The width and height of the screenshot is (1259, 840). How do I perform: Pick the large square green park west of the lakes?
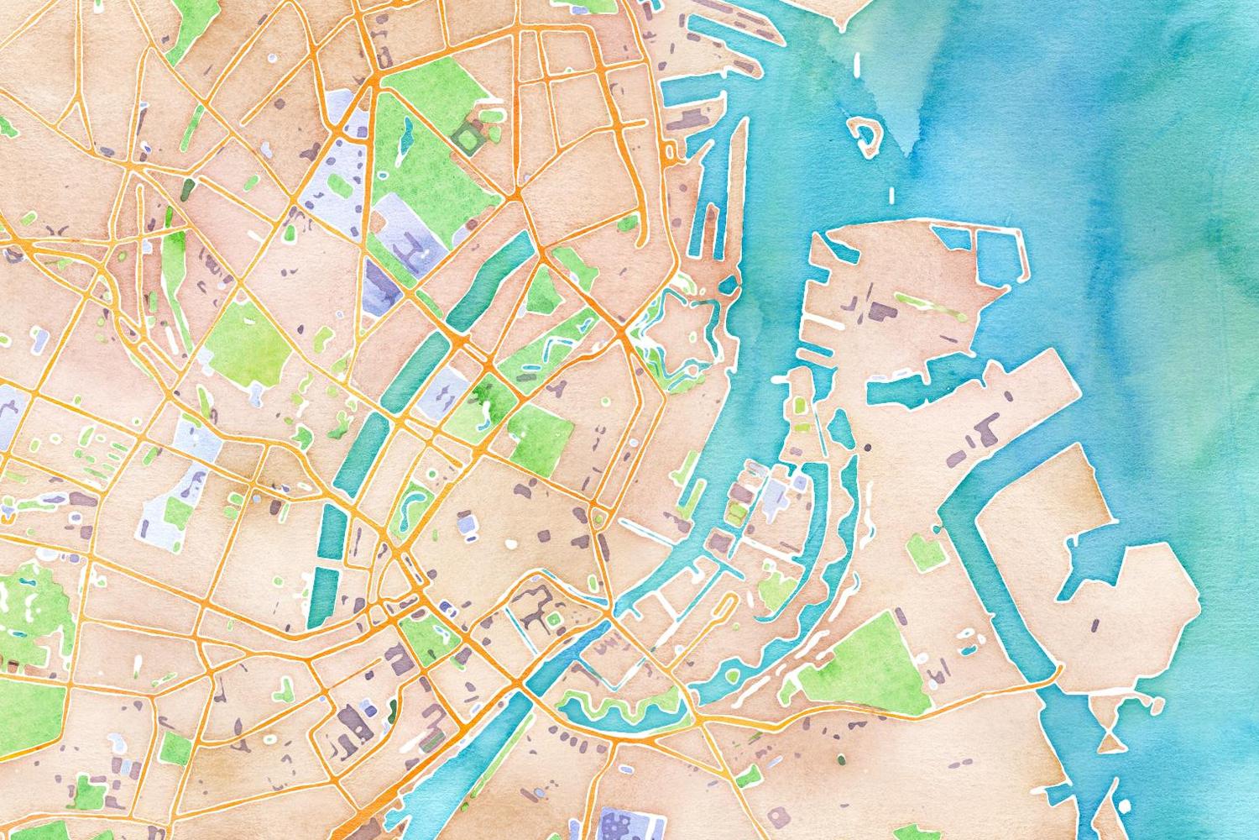[x=247, y=336]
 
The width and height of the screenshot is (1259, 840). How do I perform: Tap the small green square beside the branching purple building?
[x=553, y=619]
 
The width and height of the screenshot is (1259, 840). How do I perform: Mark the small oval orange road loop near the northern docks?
[x=671, y=151]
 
